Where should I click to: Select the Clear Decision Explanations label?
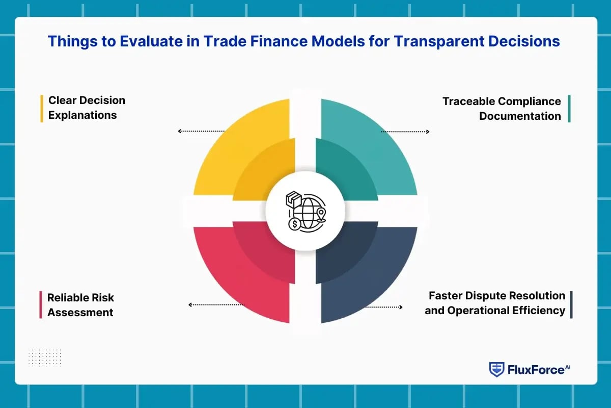(x=87, y=108)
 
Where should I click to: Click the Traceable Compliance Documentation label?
(x=502, y=108)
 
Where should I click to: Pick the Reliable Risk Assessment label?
(x=80, y=305)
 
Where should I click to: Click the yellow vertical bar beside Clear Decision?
(x=42, y=108)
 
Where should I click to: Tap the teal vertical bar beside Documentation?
(x=569, y=109)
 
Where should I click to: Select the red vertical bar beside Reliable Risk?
(x=41, y=305)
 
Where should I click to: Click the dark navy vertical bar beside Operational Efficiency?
(x=571, y=304)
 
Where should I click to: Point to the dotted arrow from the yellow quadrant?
(x=202, y=132)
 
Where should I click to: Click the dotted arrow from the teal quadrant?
(x=405, y=132)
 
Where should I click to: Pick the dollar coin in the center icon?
(x=294, y=224)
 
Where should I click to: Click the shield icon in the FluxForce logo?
(x=496, y=370)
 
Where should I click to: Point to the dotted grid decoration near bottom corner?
(x=44, y=358)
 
